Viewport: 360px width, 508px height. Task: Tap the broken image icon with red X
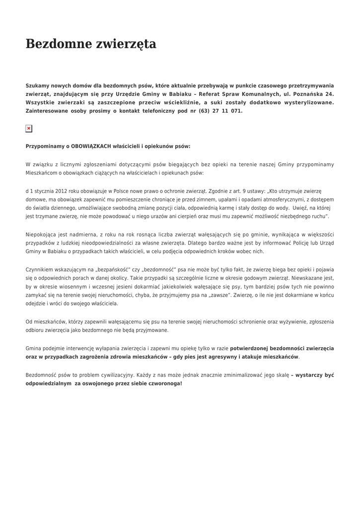click(29, 128)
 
